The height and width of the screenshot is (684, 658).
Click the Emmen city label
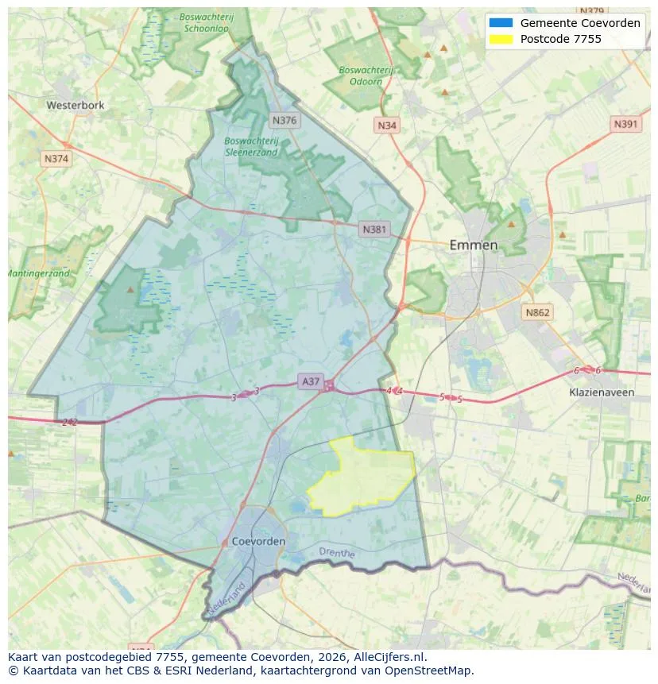pos(474,245)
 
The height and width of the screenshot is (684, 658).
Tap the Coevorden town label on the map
pos(259,541)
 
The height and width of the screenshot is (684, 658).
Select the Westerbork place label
pos(75,105)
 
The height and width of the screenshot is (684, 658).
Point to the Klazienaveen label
pos(602,392)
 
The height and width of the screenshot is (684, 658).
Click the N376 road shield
pos(284,121)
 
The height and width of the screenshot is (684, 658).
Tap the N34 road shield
pos(387,126)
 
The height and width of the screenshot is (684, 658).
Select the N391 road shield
pos(626,125)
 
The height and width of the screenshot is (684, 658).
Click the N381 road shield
pos(374,230)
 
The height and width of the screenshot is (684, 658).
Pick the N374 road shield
pos(56,159)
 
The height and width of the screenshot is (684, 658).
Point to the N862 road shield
pos(537,312)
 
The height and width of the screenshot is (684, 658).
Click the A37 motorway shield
pos(311,381)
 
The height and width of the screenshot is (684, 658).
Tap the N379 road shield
pos(592,11)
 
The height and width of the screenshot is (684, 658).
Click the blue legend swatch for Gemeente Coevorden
pos(501,23)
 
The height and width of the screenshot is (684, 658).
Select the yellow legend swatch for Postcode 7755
pos(501,39)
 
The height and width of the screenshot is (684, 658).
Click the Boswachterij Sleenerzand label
pos(251,146)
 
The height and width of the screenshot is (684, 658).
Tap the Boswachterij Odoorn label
pos(366,75)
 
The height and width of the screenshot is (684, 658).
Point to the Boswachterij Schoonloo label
pos(206,21)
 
